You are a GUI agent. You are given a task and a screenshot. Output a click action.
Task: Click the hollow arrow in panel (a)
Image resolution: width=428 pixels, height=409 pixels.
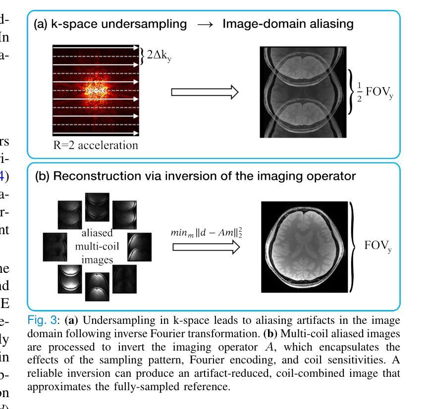204,92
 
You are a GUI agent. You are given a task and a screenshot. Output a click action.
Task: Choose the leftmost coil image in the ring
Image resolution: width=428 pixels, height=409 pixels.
54,246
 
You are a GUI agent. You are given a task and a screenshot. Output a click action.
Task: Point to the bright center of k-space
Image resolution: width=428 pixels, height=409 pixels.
96,91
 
